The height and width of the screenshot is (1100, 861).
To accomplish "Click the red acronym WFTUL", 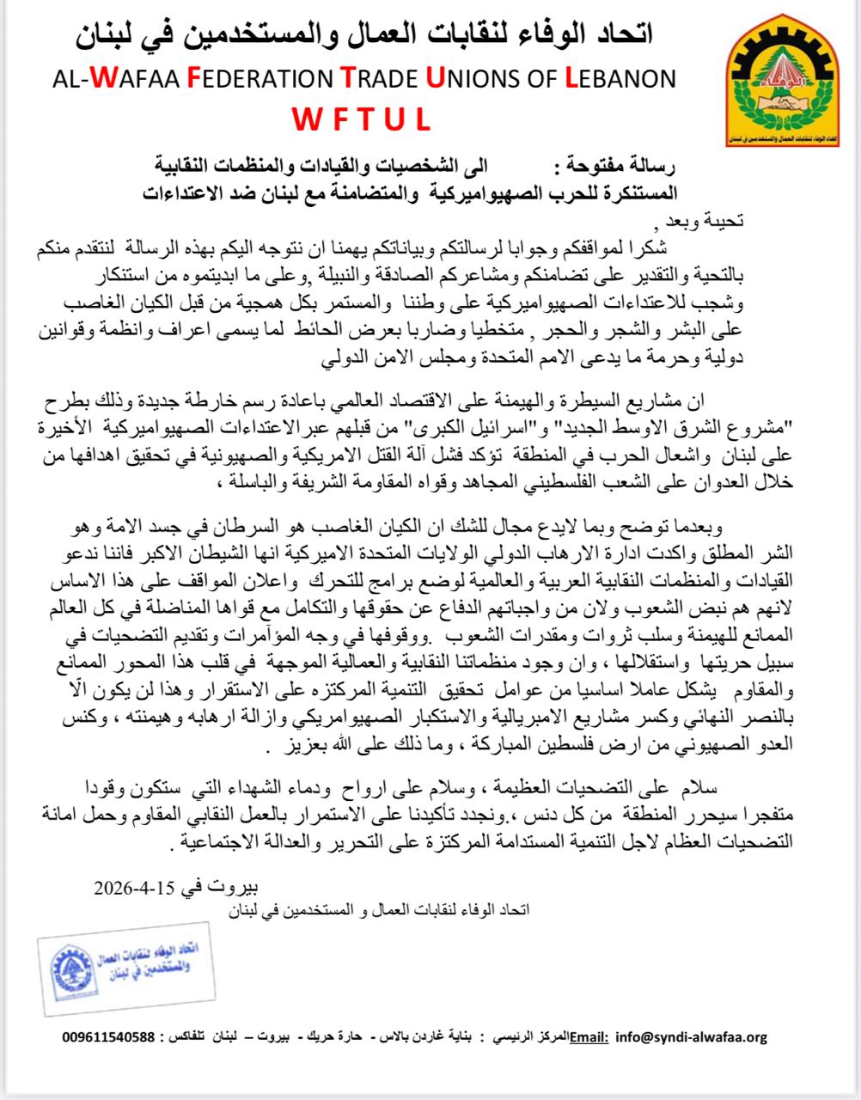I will [x=360, y=119].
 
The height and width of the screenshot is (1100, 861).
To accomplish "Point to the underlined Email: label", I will [x=589, y=1037].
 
